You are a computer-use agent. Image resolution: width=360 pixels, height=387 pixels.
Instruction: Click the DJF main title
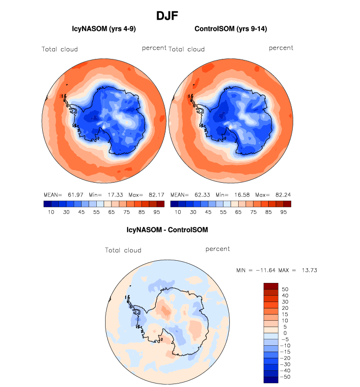(167, 16)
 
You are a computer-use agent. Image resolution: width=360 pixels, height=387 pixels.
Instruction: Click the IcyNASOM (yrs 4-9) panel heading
(104, 29)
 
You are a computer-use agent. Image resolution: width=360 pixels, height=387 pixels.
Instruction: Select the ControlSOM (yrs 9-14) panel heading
(231, 29)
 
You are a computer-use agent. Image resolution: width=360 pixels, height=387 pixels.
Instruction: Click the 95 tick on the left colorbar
(157, 212)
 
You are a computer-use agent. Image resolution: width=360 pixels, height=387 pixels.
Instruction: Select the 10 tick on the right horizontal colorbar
(178, 212)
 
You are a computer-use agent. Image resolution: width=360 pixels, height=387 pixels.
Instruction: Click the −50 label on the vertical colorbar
(284, 377)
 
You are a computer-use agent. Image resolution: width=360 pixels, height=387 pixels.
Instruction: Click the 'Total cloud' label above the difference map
(123, 250)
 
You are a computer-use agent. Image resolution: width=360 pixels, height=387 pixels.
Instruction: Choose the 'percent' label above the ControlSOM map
(281, 48)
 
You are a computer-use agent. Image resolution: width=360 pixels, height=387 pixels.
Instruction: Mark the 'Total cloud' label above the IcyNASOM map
(59, 49)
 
